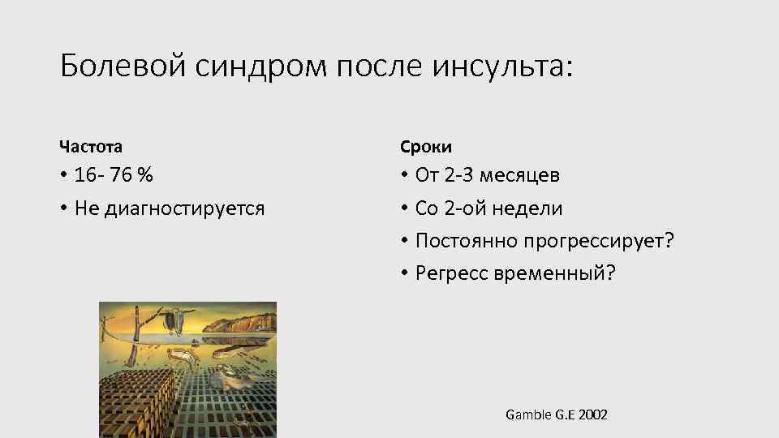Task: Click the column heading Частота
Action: (x=91, y=147)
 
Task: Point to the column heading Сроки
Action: (x=426, y=147)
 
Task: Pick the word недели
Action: (x=526, y=208)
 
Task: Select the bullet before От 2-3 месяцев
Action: (x=403, y=175)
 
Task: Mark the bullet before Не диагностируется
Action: (x=62, y=209)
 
